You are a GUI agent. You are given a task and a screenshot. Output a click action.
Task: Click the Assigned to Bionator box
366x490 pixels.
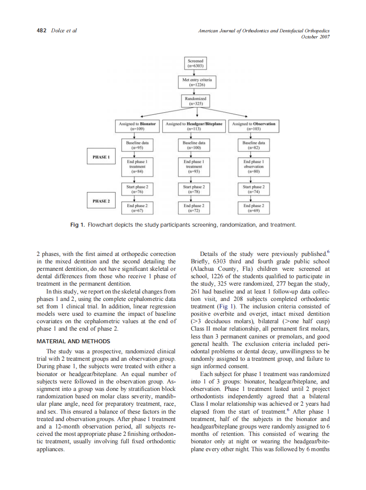[138, 126]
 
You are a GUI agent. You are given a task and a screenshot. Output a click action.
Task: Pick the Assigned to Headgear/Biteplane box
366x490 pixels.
[193, 126]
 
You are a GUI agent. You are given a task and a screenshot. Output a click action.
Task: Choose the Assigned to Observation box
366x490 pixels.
[254, 126]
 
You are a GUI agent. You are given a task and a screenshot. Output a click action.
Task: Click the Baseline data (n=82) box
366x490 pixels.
[254, 145]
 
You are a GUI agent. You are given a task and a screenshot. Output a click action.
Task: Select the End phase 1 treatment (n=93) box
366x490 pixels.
[193, 166]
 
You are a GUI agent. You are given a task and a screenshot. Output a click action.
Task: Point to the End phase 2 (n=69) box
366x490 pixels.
[254, 208]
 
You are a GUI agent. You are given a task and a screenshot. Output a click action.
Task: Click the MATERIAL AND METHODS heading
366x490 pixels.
[73, 341]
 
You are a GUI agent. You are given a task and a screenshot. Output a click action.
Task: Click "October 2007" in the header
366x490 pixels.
[315, 37]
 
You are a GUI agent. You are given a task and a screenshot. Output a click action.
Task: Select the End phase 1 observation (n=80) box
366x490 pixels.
[254, 166]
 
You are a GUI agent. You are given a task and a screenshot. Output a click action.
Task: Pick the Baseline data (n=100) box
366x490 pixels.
[193, 145]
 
